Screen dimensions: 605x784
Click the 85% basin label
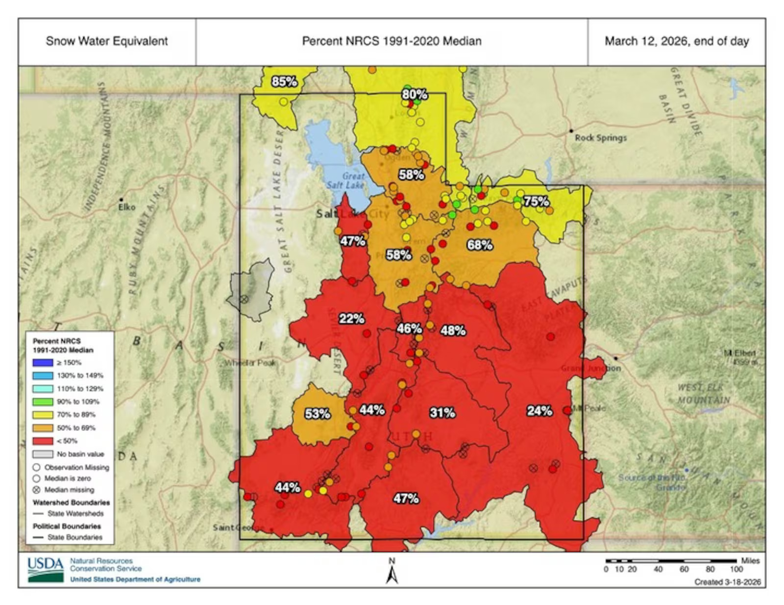coord(284,81)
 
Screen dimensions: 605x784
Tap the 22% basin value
coord(351,319)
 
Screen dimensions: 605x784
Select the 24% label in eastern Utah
coord(539,411)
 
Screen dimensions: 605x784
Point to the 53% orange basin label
coord(317,414)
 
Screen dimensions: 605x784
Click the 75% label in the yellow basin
coord(536,202)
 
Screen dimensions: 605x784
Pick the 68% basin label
coord(479,245)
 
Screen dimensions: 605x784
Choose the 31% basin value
coord(442,413)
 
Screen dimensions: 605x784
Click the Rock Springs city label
coord(600,138)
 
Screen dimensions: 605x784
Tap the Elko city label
coord(126,207)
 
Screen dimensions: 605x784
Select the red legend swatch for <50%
coord(43,441)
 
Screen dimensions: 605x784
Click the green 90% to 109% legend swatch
coord(43,402)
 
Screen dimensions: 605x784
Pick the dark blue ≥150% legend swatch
coord(43,363)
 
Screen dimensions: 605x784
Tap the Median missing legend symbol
coord(36,490)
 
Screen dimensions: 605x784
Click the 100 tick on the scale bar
coord(736,569)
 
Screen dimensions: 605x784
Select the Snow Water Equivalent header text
coord(107,41)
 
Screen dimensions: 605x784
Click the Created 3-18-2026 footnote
coord(727,582)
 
